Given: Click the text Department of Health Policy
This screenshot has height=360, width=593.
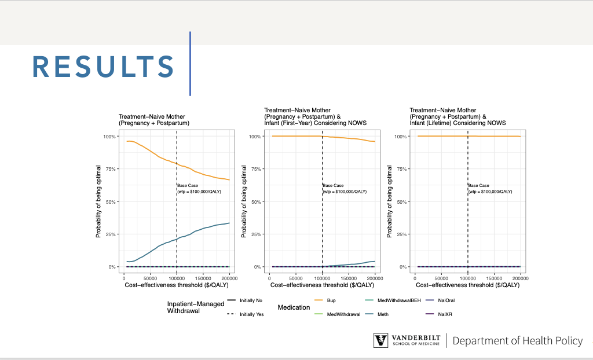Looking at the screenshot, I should click(517, 340).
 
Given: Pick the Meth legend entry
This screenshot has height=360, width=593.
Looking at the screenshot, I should click(383, 314).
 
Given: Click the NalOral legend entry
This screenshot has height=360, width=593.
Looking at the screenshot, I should click(446, 300).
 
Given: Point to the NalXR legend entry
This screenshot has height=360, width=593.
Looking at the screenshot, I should click(445, 314).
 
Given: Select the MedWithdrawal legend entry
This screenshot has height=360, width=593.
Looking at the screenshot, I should click(341, 314).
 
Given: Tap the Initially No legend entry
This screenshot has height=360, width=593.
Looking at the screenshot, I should click(251, 300).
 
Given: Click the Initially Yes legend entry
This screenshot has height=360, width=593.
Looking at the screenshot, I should click(251, 314).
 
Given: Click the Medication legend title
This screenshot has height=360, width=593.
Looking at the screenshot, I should click(294, 307).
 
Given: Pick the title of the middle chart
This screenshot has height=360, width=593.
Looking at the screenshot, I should click(315, 116).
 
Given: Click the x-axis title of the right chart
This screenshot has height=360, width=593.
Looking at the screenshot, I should click(467, 285).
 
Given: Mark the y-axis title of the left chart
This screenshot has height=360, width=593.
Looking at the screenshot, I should click(99, 201).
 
